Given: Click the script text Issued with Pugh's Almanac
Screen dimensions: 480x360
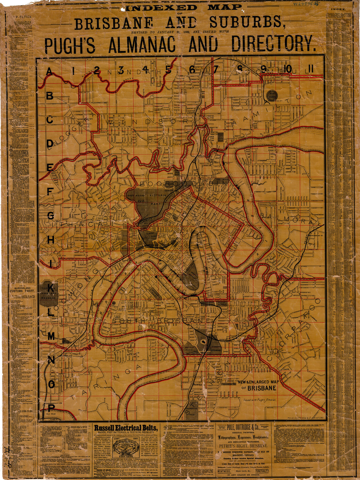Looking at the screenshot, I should click(259, 400).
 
